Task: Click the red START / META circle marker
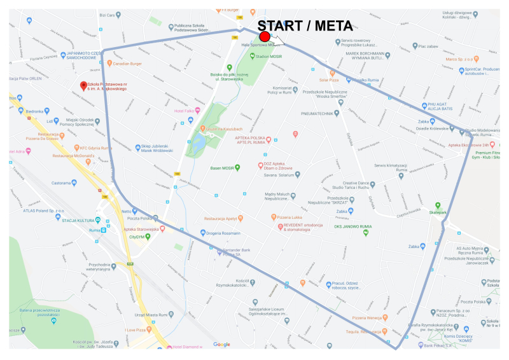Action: [x=265, y=37]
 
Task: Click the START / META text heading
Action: [x=305, y=25]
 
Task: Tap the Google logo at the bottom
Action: [x=221, y=344]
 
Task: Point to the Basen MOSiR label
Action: [x=223, y=168]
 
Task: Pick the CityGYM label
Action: [x=137, y=237]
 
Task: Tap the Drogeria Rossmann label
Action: [x=223, y=232]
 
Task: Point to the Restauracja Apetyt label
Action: [x=220, y=218]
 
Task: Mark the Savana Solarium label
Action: [x=277, y=174]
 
